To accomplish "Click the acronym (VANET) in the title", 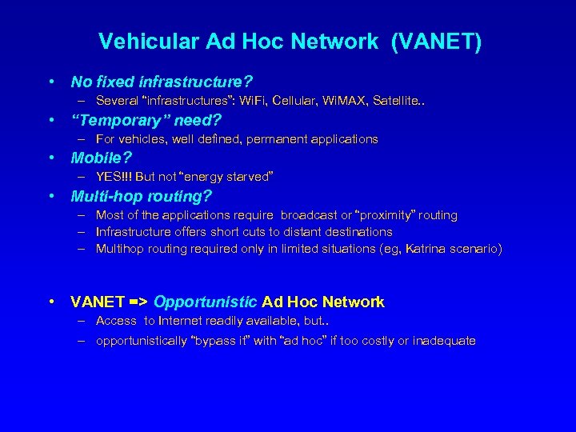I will coord(436,42).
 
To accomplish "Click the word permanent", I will coord(260,139).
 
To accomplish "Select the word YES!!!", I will coord(114,177).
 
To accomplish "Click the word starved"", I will coord(249,177).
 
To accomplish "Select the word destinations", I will coord(356,232).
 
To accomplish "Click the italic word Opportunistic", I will coord(205,302).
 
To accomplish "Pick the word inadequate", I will coord(442,341).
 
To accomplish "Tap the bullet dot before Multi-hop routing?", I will coord(51,196).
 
